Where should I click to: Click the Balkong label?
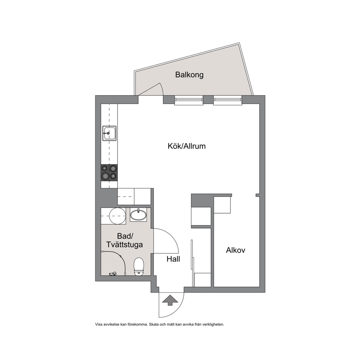189,75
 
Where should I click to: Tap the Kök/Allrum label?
187,146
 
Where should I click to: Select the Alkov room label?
236,250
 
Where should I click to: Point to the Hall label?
173,259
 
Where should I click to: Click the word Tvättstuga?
124,245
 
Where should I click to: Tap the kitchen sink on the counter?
109,133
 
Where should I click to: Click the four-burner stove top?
109,172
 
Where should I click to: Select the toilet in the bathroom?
139,266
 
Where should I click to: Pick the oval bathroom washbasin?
138,215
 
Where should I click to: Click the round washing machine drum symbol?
117,216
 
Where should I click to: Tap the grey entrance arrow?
170,300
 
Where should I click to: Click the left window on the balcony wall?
189,100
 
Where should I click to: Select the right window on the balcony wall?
228,100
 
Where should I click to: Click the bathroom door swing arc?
173,235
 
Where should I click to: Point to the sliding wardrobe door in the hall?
192,254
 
